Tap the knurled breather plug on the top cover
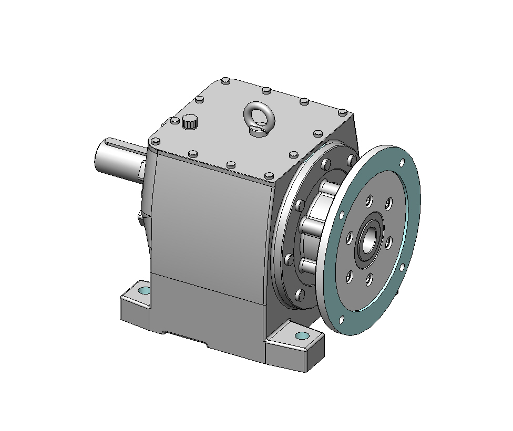coord(190,123)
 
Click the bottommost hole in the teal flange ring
coord(342,319)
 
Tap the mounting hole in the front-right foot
coord(302,335)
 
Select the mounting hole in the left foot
coord(143,290)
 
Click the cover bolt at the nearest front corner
coord(269,175)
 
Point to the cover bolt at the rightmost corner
coord(342,112)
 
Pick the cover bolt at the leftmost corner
coord(155,141)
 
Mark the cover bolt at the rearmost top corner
coord(226,81)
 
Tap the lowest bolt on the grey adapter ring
coord(300,295)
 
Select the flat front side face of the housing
coord(210,231)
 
